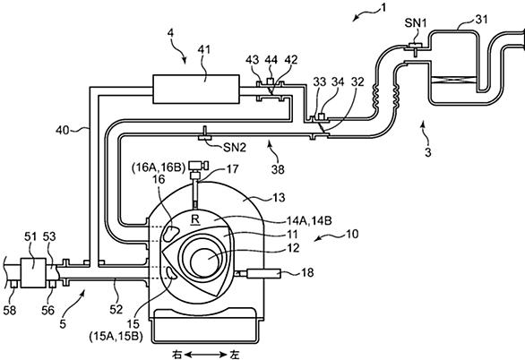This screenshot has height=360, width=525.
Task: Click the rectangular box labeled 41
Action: [x=196, y=89]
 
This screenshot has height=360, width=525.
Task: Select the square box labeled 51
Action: [x=33, y=272]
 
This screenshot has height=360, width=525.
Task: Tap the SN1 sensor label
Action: [x=416, y=23]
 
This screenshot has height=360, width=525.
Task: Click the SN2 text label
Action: [x=235, y=147]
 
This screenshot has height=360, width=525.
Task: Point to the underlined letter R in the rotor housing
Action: [x=195, y=219]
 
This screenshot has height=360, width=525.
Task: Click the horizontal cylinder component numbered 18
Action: [x=263, y=274]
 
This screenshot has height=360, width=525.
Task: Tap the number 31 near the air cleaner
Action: [x=481, y=20]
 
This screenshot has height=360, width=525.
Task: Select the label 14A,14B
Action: [x=309, y=221]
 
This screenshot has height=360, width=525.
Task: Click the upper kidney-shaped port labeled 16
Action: [x=171, y=233]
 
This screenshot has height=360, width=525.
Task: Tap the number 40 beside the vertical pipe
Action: [x=63, y=130]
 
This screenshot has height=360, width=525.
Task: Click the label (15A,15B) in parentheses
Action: [x=116, y=337]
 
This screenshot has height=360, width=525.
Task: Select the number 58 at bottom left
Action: [x=9, y=311]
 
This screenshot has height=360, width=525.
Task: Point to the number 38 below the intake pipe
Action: [x=278, y=169]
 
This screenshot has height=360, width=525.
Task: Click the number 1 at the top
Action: [x=383, y=7]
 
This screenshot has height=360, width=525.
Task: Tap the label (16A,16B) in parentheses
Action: [x=159, y=167]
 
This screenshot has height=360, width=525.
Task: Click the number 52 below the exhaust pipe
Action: [x=116, y=310]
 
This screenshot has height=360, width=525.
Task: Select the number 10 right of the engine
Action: [x=351, y=234]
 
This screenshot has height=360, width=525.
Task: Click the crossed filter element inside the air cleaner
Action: [x=454, y=80]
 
